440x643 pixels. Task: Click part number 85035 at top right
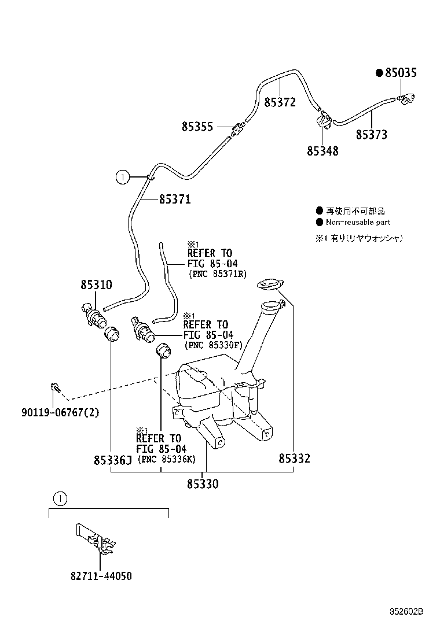click(401, 73)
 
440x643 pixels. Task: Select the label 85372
click(280, 102)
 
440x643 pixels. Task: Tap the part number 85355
click(197, 126)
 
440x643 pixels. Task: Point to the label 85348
click(322, 151)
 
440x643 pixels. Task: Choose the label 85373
click(372, 135)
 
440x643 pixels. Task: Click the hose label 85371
click(175, 199)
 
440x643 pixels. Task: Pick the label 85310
click(96, 284)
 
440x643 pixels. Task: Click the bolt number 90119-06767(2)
click(60, 412)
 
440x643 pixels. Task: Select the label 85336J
click(113, 460)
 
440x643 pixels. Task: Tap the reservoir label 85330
click(203, 484)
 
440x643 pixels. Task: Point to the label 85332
click(294, 459)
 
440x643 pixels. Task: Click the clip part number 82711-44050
click(101, 576)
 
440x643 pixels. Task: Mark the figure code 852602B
click(406, 612)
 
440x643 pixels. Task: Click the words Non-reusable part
click(358, 222)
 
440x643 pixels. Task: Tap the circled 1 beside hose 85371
click(123, 178)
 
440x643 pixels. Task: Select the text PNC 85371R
click(218, 274)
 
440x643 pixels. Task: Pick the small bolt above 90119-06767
click(54, 387)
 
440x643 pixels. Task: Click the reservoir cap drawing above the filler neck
click(270, 284)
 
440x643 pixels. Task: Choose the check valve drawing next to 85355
click(237, 130)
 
